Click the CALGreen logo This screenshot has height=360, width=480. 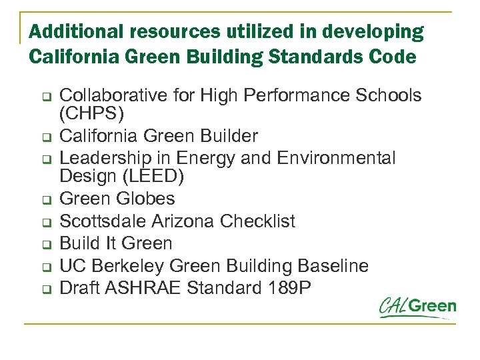418,307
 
